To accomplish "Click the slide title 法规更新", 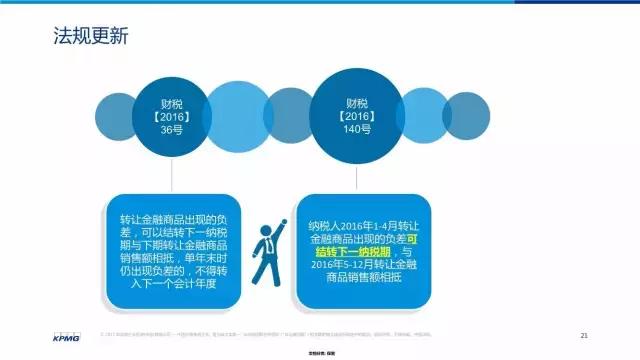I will [90, 37].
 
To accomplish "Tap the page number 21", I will [584, 334].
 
